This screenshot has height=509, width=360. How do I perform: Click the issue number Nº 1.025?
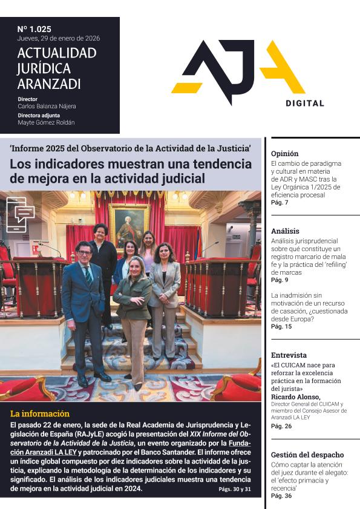34,28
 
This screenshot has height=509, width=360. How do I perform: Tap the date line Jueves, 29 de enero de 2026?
59,38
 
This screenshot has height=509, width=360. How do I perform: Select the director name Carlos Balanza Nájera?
47,107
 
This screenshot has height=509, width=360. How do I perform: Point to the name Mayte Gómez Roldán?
46,122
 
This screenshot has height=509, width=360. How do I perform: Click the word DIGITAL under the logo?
305,103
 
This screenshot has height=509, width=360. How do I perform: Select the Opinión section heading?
284,153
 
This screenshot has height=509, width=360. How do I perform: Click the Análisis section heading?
285,231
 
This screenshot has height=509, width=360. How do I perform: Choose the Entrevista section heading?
289,355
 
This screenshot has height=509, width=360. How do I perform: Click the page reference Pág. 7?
280,202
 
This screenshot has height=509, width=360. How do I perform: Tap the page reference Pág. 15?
281,327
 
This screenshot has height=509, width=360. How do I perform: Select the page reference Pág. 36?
281,496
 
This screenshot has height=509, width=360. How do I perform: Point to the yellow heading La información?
40,414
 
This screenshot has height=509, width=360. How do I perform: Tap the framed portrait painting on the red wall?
129,226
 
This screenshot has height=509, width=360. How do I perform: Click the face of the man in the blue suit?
84,252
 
